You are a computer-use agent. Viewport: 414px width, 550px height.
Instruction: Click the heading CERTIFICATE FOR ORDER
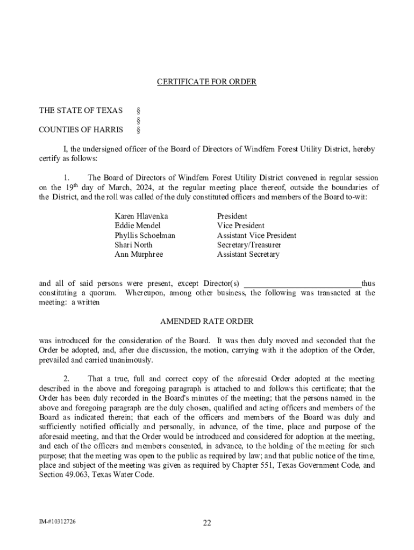click(x=206, y=82)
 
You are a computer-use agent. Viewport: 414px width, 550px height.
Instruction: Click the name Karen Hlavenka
click(x=138, y=216)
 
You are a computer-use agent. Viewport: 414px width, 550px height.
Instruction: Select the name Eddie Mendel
click(x=137, y=226)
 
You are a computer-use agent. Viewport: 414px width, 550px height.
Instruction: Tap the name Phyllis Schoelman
click(x=145, y=235)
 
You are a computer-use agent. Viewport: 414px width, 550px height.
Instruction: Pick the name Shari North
click(x=133, y=245)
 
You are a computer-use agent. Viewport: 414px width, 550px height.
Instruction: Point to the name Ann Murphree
click(x=138, y=255)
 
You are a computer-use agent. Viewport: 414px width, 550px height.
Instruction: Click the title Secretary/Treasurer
click(x=249, y=245)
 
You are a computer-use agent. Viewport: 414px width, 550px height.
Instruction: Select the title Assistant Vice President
click(x=256, y=235)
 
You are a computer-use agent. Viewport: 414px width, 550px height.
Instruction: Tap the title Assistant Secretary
click(x=248, y=255)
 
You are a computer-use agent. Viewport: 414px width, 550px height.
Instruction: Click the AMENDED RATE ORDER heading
click(x=206, y=321)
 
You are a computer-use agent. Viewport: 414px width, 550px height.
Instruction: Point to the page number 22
click(x=206, y=523)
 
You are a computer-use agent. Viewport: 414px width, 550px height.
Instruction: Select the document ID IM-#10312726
click(x=56, y=522)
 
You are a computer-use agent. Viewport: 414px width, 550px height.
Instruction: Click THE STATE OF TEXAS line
click(x=81, y=111)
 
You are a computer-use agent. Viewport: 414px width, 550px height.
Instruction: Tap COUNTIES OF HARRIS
click(x=81, y=129)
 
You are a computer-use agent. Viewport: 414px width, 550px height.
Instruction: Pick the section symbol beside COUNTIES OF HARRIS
click(x=139, y=129)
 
